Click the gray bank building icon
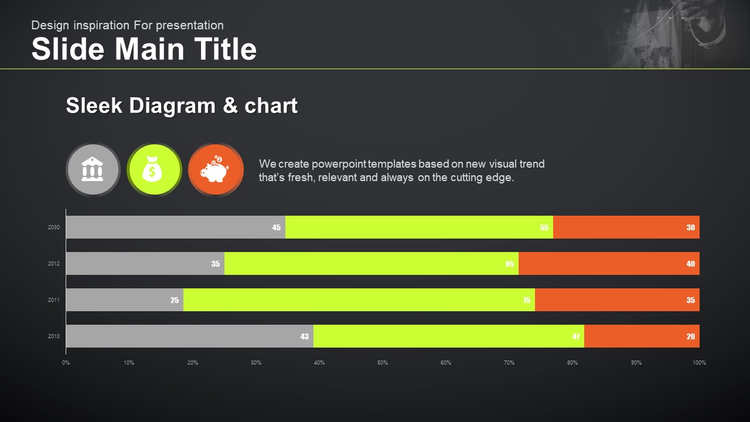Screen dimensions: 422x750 click(93, 169)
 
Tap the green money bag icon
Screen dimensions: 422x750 click(154, 169)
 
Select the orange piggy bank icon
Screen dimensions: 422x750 click(216, 169)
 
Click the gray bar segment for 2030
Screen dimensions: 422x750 click(175, 227)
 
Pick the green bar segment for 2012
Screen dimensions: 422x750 click(371, 263)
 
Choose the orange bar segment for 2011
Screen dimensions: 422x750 click(617, 300)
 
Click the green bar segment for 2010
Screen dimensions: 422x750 click(448, 336)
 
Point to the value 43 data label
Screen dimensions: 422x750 click(305, 336)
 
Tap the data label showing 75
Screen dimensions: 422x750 click(527, 300)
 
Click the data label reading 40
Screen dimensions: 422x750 click(691, 264)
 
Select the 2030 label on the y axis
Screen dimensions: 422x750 click(54, 227)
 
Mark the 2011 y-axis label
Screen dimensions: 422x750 click(54, 300)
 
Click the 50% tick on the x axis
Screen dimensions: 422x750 click(383, 362)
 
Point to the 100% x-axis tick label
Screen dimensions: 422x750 click(699, 362)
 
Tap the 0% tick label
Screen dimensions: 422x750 click(66, 362)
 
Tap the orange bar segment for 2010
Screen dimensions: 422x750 click(642, 336)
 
